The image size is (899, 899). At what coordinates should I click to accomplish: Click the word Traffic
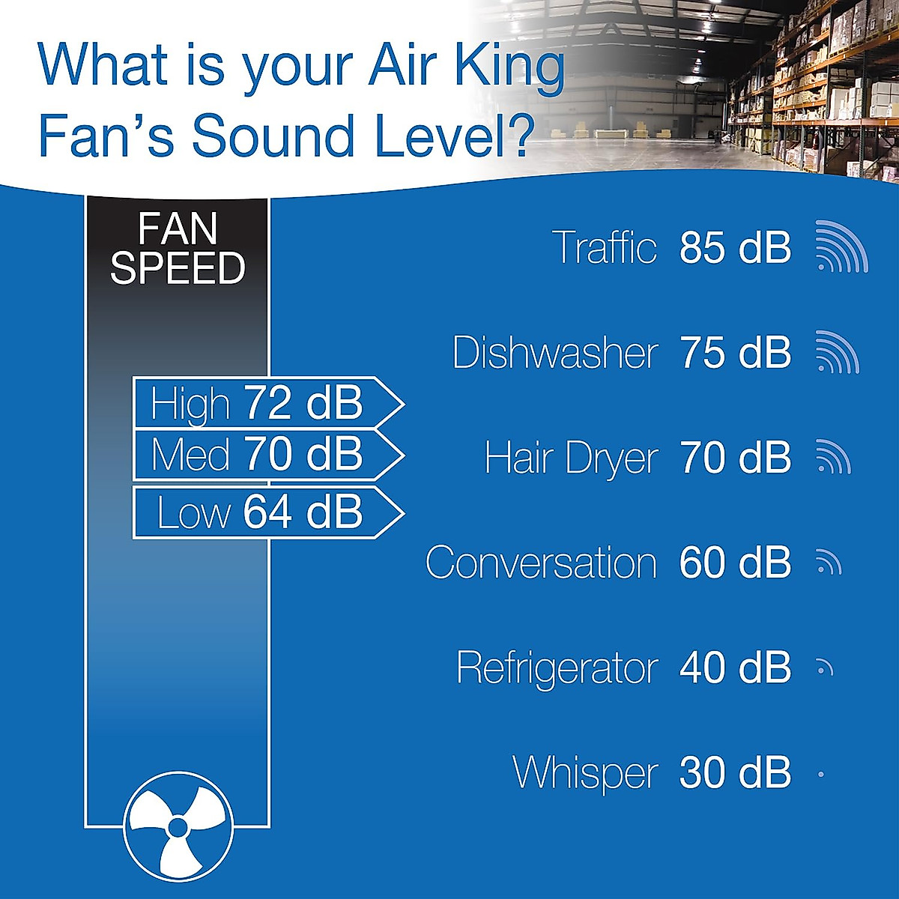(x=604, y=246)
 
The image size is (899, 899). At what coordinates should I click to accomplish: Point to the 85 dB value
(x=735, y=246)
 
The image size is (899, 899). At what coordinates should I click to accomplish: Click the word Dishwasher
(x=555, y=352)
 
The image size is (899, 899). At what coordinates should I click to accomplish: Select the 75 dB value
(x=735, y=352)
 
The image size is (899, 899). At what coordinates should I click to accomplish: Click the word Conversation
(x=541, y=563)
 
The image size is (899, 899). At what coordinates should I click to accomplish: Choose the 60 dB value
(x=735, y=563)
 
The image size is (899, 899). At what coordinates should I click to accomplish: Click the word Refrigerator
(x=557, y=668)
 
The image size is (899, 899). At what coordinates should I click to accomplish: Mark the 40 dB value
(x=735, y=668)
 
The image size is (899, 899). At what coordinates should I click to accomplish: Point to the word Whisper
(x=585, y=772)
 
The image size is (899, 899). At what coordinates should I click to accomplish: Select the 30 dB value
(x=735, y=772)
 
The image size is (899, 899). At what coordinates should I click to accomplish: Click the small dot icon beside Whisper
(x=821, y=774)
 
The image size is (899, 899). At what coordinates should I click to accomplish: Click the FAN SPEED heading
(x=178, y=249)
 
